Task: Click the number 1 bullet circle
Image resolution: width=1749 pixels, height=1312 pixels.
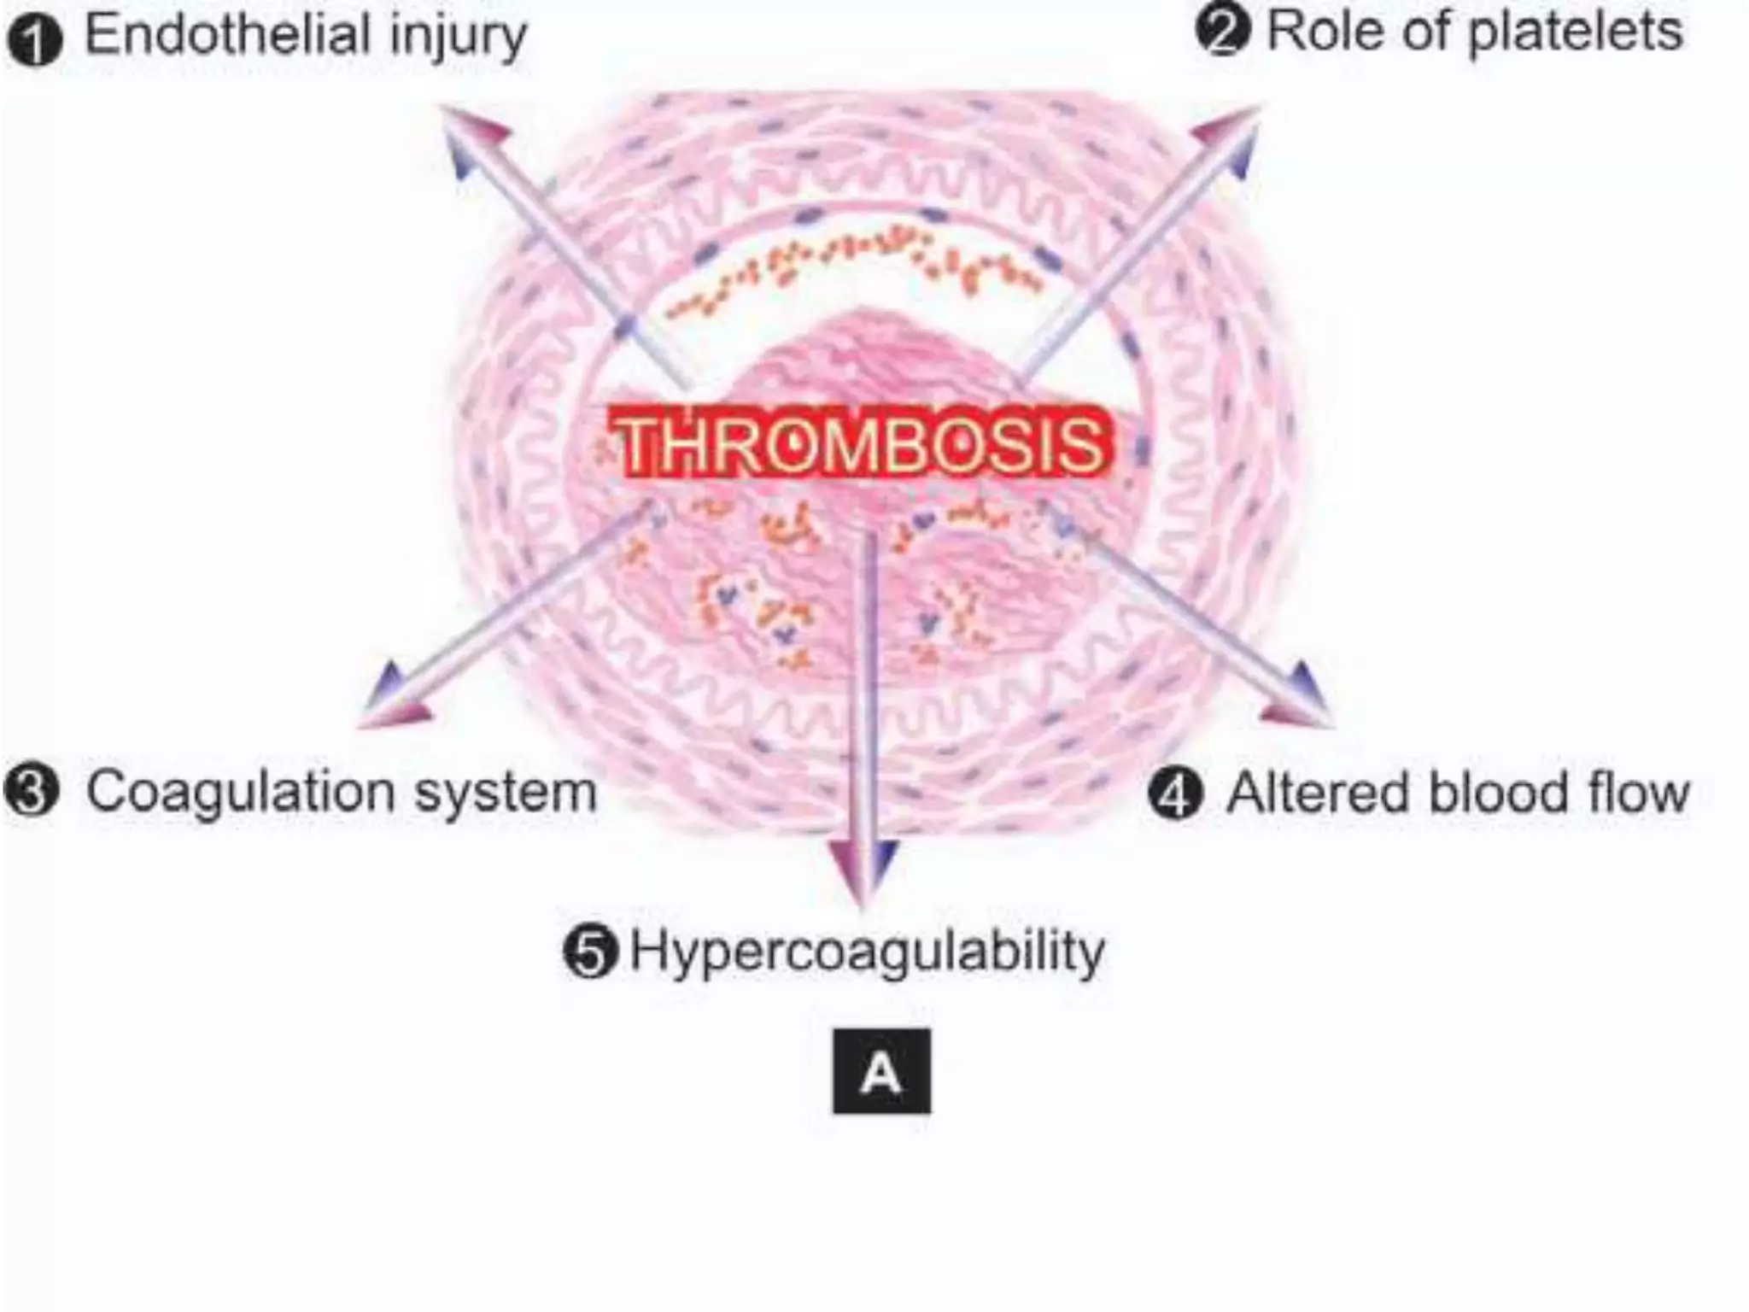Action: tap(35, 40)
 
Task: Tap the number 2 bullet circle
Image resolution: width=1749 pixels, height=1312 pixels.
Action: tap(1223, 31)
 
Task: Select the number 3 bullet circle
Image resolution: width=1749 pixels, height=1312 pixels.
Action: tap(32, 790)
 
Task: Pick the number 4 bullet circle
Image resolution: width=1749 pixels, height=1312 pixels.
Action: tap(1176, 794)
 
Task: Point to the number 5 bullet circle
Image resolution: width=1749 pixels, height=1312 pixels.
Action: tap(590, 951)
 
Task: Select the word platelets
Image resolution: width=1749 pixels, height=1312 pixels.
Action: tap(1576, 32)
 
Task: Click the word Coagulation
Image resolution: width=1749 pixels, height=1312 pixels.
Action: tap(240, 793)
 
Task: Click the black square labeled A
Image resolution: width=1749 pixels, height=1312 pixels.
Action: tap(881, 1071)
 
